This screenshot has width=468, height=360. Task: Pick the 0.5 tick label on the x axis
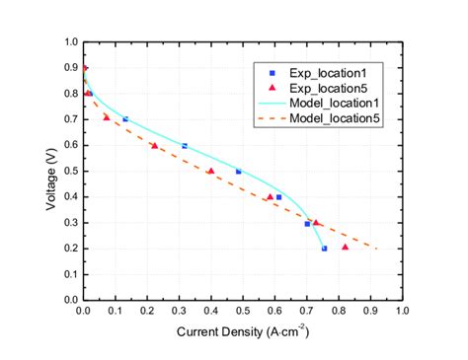point(243,311)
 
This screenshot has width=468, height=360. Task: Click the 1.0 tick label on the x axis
point(402,311)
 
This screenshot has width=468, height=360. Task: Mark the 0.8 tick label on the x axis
point(338,311)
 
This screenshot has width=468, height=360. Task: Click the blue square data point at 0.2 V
point(324,249)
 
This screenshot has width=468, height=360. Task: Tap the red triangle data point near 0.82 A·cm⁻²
point(345,247)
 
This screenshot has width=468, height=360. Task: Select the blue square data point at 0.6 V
point(184,146)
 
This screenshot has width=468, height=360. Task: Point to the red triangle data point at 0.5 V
point(210,170)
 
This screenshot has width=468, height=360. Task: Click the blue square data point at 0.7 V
point(124,119)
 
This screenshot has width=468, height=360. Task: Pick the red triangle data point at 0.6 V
point(154,145)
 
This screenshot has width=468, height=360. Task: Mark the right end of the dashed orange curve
point(376,249)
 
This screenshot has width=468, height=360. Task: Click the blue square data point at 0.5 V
point(238,172)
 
